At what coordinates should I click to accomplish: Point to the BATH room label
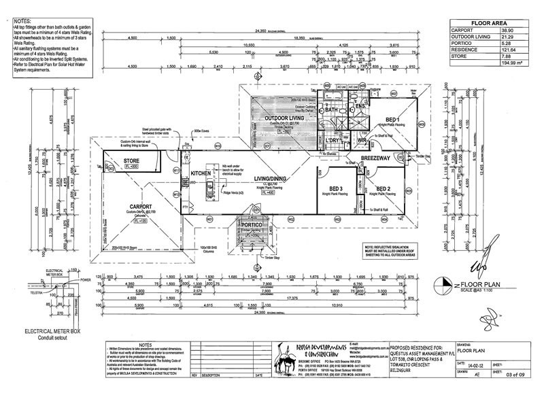coord(331,109)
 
